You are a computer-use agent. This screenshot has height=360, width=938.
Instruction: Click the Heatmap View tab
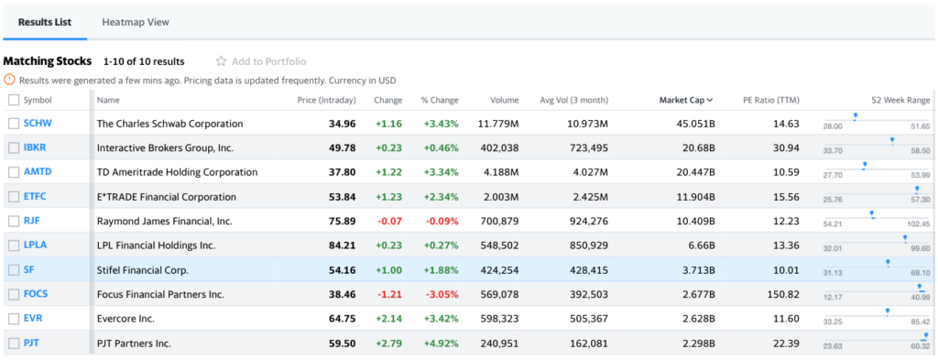pyautogui.click(x=136, y=22)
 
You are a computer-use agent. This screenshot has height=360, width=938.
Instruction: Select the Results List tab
pyautogui.click(x=45, y=22)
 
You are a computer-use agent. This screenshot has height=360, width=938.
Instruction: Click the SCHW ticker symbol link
pyautogui.click(x=38, y=124)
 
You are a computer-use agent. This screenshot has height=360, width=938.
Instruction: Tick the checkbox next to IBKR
pyautogui.click(x=13, y=147)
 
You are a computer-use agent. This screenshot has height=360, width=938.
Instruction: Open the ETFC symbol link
pyautogui.click(x=35, y=197)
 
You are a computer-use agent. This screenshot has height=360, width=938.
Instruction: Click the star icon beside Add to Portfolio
pyautogui.click(x=221, y=61)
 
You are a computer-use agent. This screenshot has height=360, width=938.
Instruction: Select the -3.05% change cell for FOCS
pyautogui.click(x=441, y=295)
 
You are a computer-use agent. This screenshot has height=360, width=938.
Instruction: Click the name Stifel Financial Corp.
pyautogui.click(x=142, y=270)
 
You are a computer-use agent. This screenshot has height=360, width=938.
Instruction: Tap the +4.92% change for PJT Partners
pyautogui.click(x=440, y=344)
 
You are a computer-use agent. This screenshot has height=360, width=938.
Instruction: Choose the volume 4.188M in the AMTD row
pyautogui.click(x=498, y=172)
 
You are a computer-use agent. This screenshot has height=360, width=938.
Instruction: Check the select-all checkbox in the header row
pyautogui.click(x=13, y=100)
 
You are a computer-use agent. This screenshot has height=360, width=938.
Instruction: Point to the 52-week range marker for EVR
pyautogui.click(x=887, y=311)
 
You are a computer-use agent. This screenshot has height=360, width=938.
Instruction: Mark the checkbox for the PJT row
pyautogui.click(x=13, y=344)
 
